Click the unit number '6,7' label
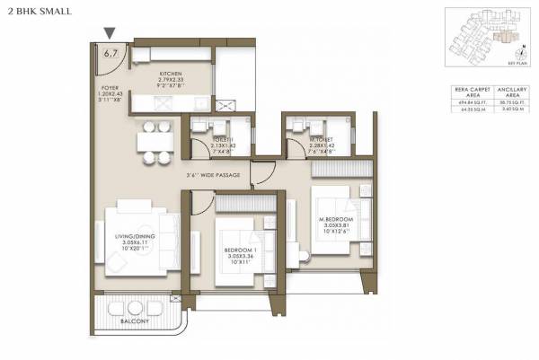111,53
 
